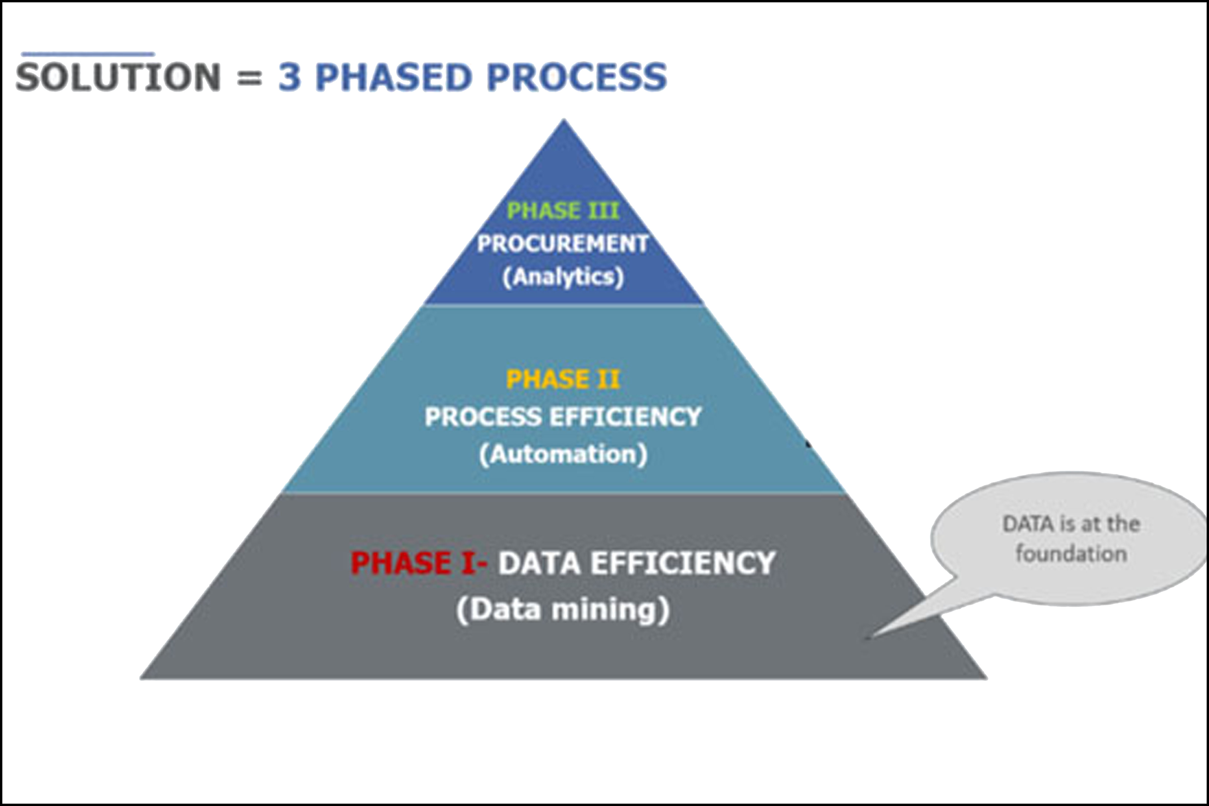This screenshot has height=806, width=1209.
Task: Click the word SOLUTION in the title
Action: (x=118, y=77)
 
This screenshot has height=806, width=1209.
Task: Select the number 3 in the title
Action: (x=289, y=77)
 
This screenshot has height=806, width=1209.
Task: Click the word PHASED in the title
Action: (x=393, y=77)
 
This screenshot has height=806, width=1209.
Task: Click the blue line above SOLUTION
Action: (x=88, y=53)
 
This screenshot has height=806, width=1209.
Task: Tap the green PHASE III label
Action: (x=563, y=211)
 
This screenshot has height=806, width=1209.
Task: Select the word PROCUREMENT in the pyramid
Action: (x=563, y=244)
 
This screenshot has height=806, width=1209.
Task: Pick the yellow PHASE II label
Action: (x=563, y=379)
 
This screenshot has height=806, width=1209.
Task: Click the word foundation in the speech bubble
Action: (x=1071, y=554)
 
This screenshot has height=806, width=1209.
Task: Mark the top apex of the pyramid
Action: (x=564, y=120)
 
